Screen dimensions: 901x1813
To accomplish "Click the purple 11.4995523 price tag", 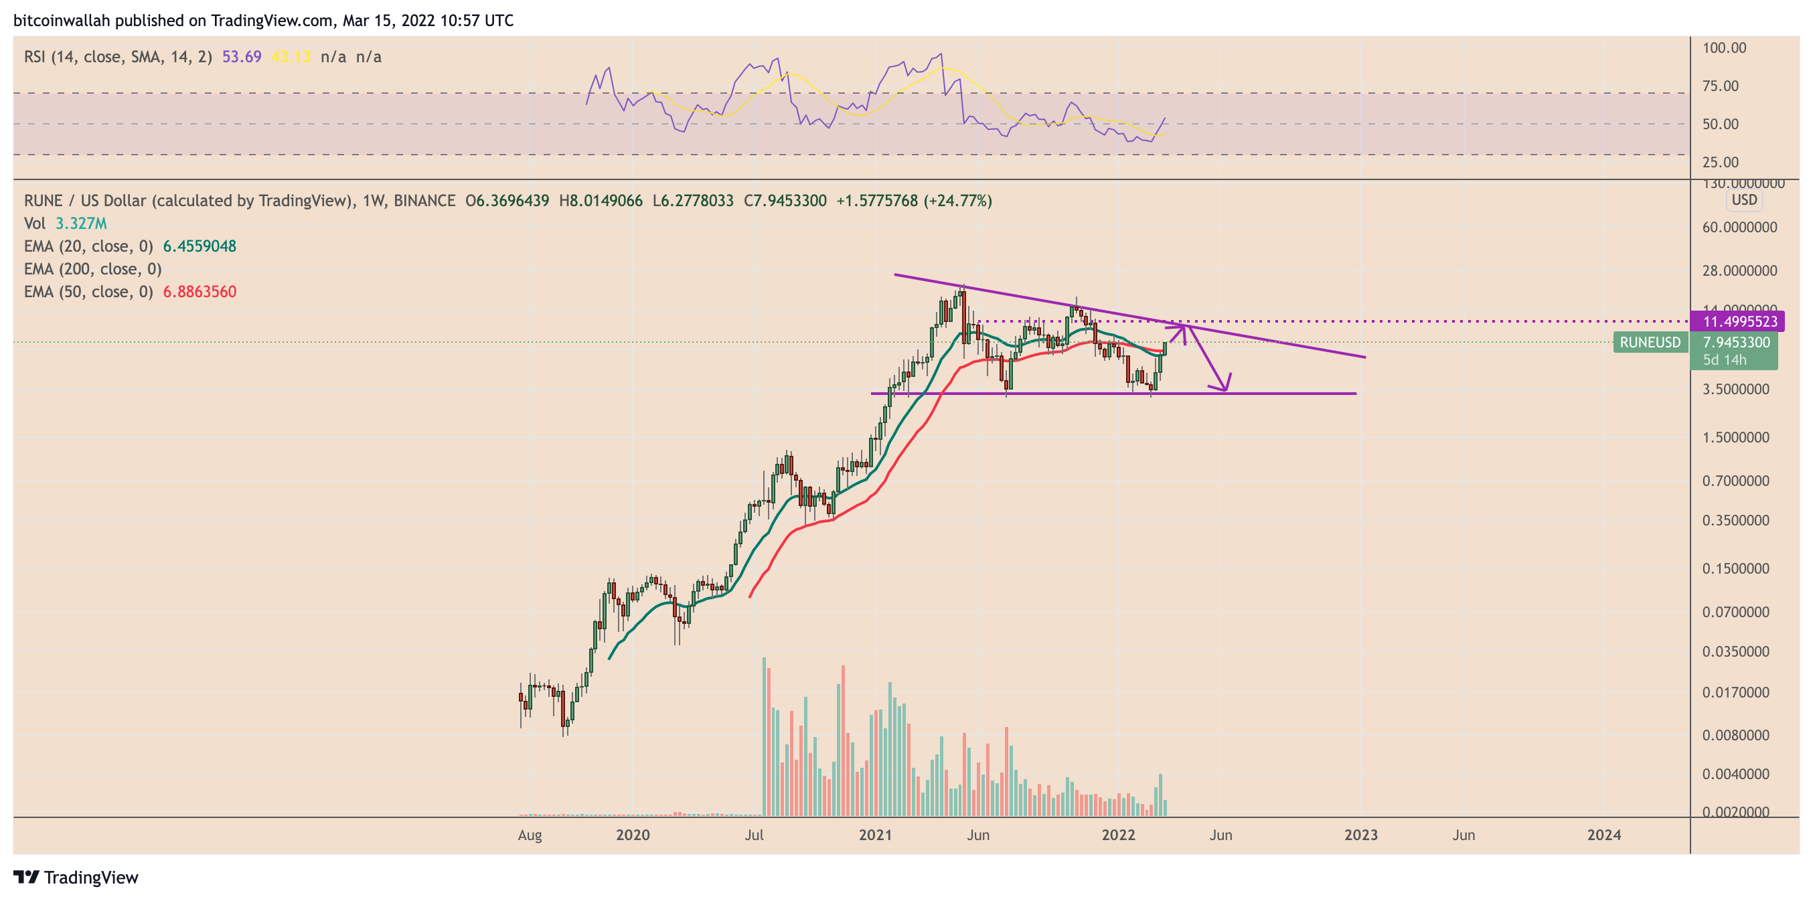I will point(1739,322).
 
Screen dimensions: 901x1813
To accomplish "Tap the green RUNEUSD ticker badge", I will point(1650,343).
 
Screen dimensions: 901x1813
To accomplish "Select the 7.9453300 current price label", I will point(1735,343).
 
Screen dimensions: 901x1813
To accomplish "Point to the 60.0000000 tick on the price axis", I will point(1739,228).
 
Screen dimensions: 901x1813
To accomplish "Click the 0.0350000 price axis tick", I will point(1735,652).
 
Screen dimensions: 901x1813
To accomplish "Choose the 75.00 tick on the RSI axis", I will point(1719,86).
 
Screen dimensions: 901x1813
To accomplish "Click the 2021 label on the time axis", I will point(875,835).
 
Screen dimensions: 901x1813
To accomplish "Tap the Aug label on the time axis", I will point(530,835).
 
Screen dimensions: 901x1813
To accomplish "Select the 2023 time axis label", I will point(1360,835).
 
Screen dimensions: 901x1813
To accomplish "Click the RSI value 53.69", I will point(242,57).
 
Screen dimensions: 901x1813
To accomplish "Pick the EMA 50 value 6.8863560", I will point(200,292).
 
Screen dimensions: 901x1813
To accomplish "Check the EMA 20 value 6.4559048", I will point(200,246).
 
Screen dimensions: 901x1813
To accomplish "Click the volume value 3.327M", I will point(81,224).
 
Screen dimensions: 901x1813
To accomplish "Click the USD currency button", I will point(1744,200).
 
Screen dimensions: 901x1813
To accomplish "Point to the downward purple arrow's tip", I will point(1225,390).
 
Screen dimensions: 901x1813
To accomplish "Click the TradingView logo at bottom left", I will point(76,877).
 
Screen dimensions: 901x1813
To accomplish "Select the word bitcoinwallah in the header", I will point(62,20).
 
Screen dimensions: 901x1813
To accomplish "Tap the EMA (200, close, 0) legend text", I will point(93,269).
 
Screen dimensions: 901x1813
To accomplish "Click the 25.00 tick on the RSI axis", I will point(1719,163).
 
